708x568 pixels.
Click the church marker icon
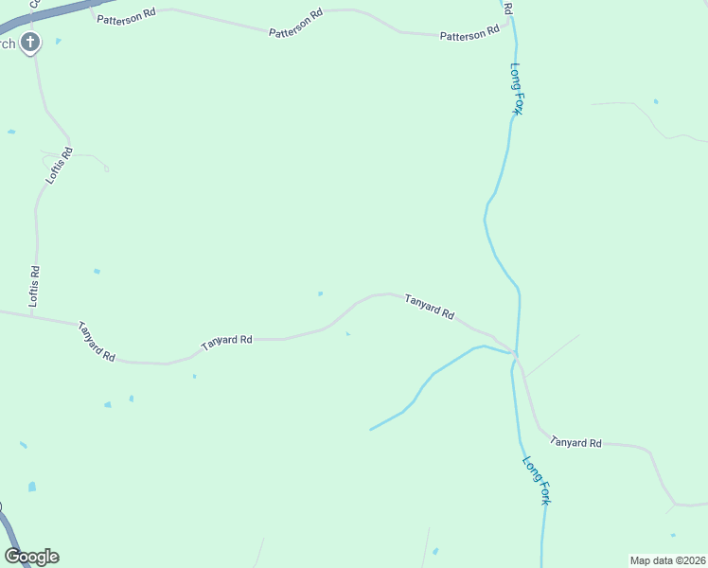click(31, 42)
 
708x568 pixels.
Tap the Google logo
click(31, 557)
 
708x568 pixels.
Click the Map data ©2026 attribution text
click(667, 560)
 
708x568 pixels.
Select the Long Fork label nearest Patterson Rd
click(517, 89)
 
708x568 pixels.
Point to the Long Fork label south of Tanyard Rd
click(536, 480)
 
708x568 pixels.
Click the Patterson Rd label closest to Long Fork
click(469, 34)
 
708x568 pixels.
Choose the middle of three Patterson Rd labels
click(296, 24)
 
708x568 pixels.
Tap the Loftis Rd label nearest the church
click(60, 165)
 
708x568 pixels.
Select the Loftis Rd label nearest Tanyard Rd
click(35, 285)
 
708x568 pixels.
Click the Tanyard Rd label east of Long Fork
click(575, 442)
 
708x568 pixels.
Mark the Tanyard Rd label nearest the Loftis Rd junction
click(97, 341)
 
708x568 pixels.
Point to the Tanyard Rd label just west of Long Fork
click(430, 307)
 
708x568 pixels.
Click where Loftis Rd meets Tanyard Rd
click(31, 314)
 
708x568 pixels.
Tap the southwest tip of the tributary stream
click(370, 430)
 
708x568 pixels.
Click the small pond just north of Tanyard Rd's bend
click(320, 293)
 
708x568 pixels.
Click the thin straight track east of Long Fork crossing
click(554, 354)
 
